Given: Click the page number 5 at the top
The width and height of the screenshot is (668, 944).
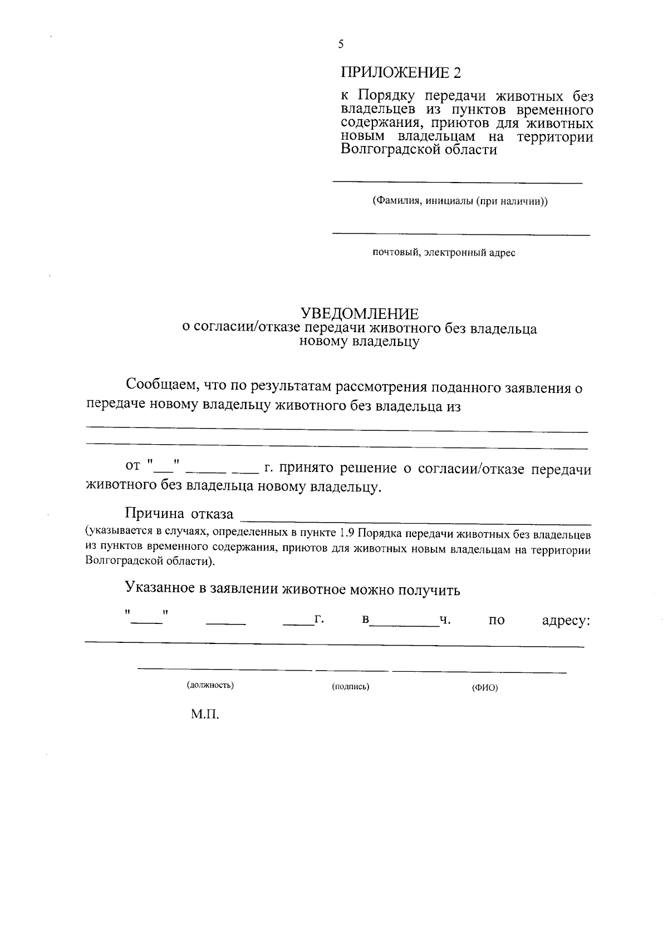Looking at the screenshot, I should point(341,45).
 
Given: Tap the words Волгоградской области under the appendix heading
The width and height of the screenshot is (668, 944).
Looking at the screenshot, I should point(418,150).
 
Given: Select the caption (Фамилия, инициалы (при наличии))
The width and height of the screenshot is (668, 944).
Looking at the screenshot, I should point(460,201).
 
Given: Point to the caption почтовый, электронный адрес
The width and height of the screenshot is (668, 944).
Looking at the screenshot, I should point(444,253).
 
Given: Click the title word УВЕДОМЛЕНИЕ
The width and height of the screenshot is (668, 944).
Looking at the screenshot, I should point(359,313).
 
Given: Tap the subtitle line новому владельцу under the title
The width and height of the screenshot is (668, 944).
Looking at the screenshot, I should point(359,342).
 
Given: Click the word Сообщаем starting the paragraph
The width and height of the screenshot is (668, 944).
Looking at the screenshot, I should point(161,385).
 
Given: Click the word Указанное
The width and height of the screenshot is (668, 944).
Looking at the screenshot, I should point(160,588).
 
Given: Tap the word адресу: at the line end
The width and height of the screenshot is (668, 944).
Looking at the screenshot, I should point(566,620).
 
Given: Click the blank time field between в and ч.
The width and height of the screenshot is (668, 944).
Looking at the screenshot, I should point(405,626).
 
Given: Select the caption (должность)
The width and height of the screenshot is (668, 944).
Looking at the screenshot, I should point(210,685).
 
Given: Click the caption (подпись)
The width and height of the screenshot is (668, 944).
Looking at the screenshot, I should point(351,686).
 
